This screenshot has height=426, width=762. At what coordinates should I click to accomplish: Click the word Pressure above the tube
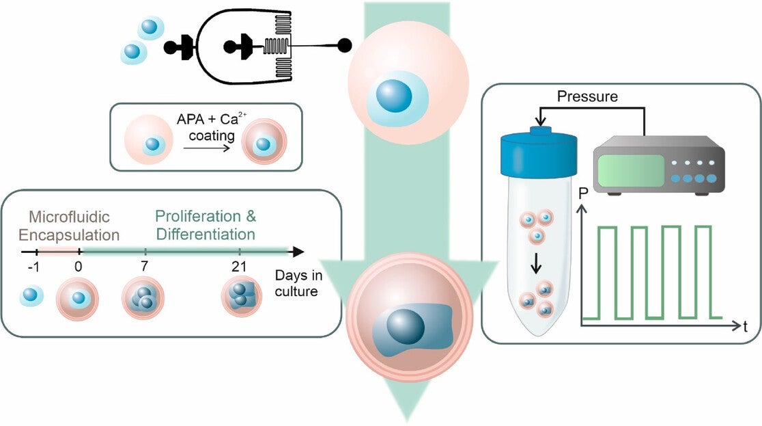click(x=587, y=96)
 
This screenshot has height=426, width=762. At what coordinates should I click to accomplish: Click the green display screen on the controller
click(x=632, y=173)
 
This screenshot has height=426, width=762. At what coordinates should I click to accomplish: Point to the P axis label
click(x=583, y=193)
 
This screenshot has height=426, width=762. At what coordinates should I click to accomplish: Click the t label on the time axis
click(x=746, y=327)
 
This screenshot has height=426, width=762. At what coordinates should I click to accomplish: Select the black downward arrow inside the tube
click(x=537, y=263)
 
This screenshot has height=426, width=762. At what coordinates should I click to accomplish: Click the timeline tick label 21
click(x=240, y=267)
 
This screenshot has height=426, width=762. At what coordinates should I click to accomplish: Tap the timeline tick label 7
click(x=145, y=267)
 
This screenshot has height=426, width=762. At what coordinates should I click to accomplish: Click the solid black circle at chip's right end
click(x=345, y=46)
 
